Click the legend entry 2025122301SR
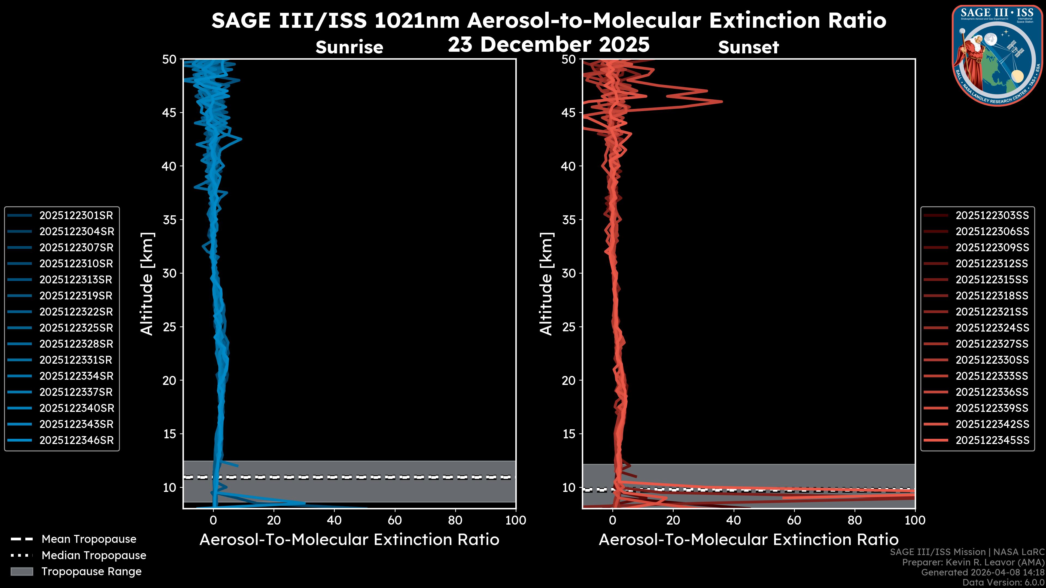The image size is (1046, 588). click(76, 216)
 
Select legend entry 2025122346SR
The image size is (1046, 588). click(76, 440)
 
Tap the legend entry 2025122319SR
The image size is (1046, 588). click(76, 296)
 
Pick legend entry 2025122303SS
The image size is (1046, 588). click(992, 216)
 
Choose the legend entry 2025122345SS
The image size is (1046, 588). click(992, 440)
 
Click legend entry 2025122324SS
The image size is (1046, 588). click(992, 328)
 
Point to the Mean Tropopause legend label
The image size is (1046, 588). click(89, 539)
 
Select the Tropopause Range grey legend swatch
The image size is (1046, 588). click(22, 571)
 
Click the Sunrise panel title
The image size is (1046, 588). click(349, 47)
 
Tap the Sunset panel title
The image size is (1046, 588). click(748, 47)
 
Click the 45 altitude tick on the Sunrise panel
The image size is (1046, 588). click(170, 112)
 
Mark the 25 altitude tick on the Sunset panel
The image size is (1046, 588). click(569, 327)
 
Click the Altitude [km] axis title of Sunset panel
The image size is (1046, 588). click(546, 284)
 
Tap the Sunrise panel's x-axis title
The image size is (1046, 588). click(349, 540)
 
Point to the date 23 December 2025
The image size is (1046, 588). click(549, 45)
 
